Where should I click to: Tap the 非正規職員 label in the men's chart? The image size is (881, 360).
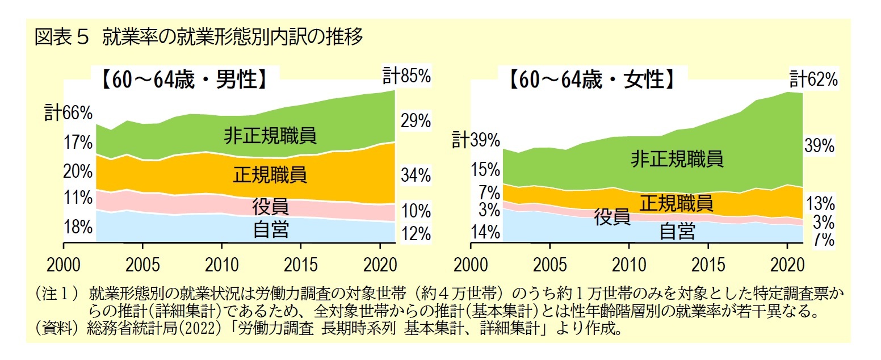[270, 136]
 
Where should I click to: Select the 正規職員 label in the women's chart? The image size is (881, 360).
[676, 202]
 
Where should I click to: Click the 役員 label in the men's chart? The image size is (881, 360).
[270, 206]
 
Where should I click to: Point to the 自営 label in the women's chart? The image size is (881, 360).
[677, 231]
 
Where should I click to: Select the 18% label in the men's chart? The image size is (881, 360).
[78, 227]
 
